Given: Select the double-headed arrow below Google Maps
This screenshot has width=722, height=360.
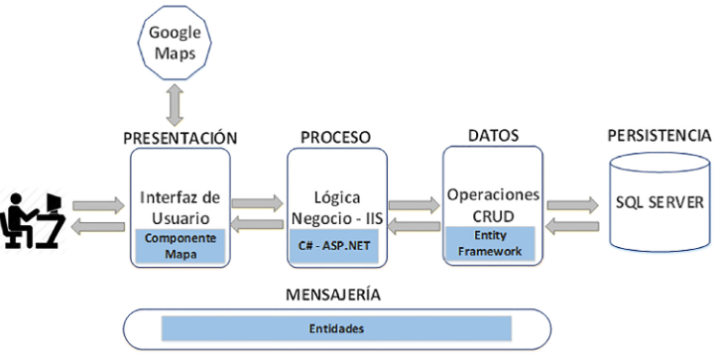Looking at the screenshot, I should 175,102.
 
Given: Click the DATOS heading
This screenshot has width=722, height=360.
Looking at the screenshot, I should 493,133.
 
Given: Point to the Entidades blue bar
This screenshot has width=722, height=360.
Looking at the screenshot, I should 335,327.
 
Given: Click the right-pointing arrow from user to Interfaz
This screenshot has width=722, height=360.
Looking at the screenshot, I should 98,205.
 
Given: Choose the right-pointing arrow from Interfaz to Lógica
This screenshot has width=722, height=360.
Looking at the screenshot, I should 256,202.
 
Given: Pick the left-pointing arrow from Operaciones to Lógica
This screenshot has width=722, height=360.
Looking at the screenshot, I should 413,228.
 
